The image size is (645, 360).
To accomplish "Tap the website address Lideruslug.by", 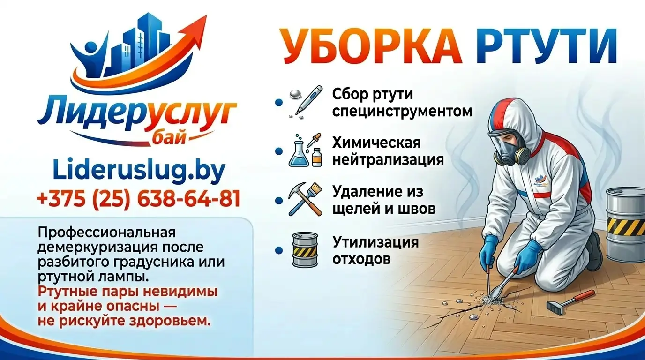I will pyautogui.click(x=139, y=171).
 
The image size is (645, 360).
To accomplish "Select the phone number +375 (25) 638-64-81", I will pyautogui.click(x=139, y=199).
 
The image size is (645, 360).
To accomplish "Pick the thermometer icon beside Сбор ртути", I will pyautogui.click(x=306, y=99).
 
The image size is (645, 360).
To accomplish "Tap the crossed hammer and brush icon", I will pyautogui.click(x=305, y=199).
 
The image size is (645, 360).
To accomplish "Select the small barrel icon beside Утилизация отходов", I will pyautogui.click(x=305, y=249).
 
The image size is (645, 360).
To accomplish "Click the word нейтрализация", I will pyautogui.click(x=388, y=159).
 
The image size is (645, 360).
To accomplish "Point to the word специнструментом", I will pyautogui.click(x=402, y=112).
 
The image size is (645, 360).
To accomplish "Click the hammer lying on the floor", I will pyautogui.click(x=570, y=301).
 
